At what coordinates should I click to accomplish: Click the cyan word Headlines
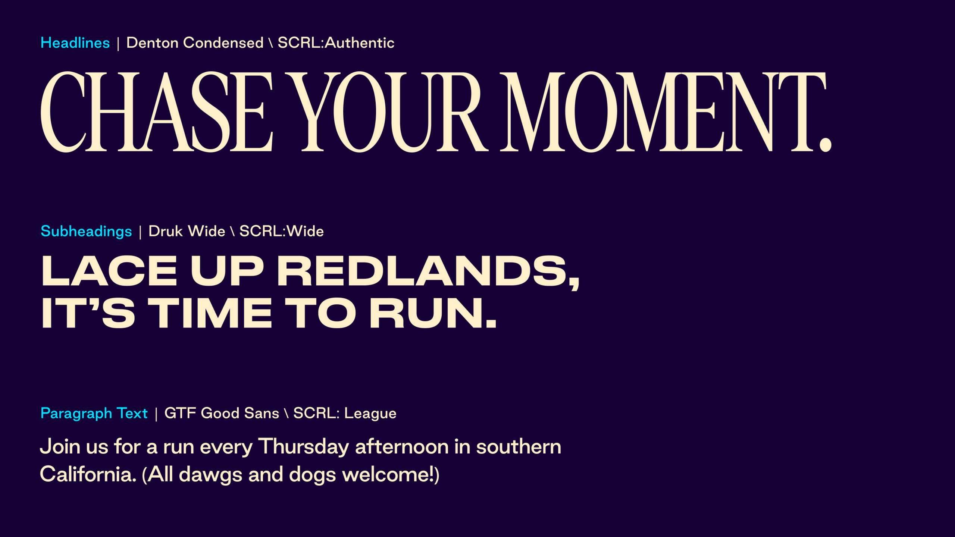point(75,43)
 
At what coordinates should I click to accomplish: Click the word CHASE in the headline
point(157,112)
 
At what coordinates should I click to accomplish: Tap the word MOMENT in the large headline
point(663,112)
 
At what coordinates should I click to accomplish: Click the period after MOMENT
point(825,145)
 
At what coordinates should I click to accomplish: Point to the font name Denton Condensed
point(195,43)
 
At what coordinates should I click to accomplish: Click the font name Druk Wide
point(187,231)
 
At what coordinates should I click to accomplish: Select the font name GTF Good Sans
point(222,413)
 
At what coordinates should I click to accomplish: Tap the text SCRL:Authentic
point(336,43)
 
